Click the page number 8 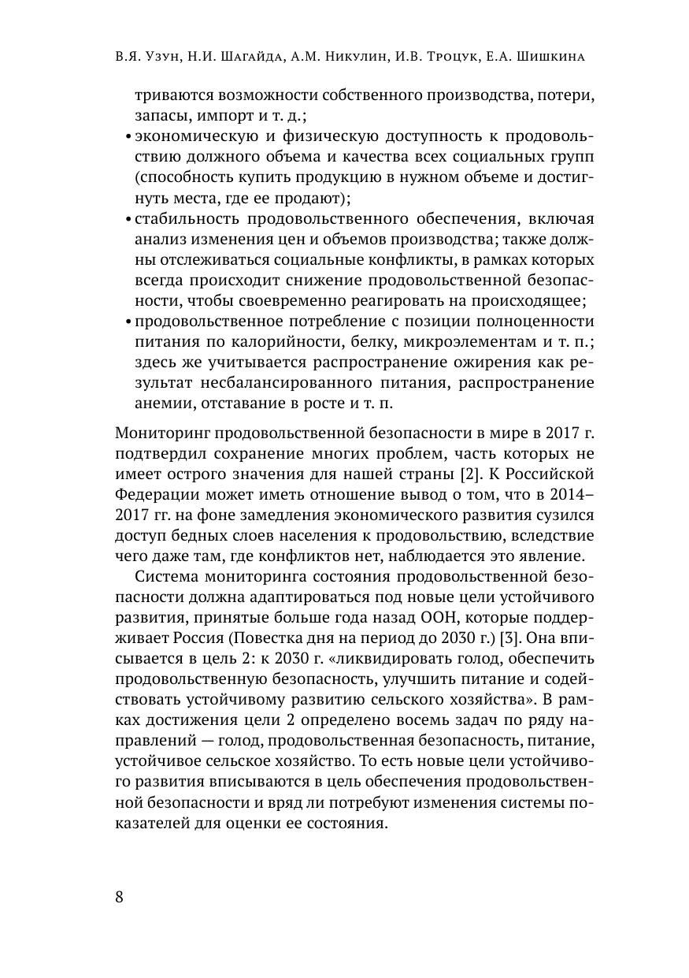tap(119, 898)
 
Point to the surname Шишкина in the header tap(561, 58)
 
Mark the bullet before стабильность tap(128, 219)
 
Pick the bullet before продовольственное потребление tap(128, 322)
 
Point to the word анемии tap(159, 403)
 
